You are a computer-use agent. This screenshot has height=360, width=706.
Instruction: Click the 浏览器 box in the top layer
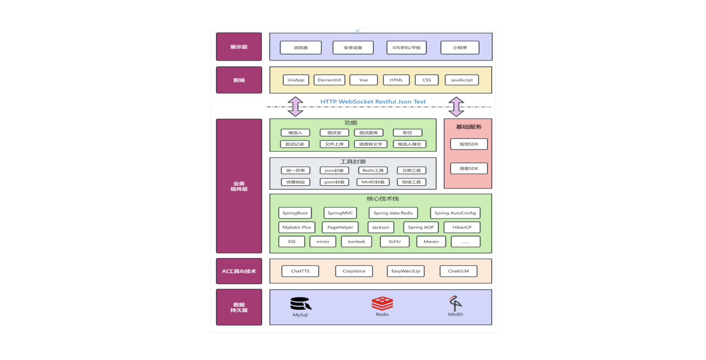pos(300,48)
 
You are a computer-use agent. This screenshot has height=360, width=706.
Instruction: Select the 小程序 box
pos(460,48)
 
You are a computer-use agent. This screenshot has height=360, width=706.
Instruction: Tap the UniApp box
pos(296,80)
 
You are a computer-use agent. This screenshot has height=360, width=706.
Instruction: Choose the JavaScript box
pos(461,80)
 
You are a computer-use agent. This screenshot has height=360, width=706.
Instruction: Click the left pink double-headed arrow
pos(295,107)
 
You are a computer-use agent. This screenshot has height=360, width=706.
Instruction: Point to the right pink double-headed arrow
pos(456,107)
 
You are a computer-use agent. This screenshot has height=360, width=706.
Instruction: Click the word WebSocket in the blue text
pos(356,102)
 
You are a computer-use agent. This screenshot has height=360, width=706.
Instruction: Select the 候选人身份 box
pos(409,144)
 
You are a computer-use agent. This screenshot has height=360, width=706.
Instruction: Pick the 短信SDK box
pos(469,144)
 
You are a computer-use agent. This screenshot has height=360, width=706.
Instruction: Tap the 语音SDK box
pos(469,168)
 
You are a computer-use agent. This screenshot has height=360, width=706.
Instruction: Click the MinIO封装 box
pos(373,182)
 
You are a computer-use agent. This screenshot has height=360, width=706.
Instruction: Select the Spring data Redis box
pos(393,213)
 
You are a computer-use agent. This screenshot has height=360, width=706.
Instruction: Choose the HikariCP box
pos(462,228)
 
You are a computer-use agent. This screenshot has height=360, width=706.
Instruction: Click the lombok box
pos(356,242)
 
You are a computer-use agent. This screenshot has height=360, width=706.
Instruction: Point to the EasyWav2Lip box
pos(406,271)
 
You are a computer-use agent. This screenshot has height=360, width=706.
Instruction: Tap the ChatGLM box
pos(458,271)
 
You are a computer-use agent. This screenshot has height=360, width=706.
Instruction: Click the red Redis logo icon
pos(382,303)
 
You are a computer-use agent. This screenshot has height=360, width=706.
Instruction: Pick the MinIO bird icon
pos(455,303)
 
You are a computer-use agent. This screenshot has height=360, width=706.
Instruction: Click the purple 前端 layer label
pos(239,80)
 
